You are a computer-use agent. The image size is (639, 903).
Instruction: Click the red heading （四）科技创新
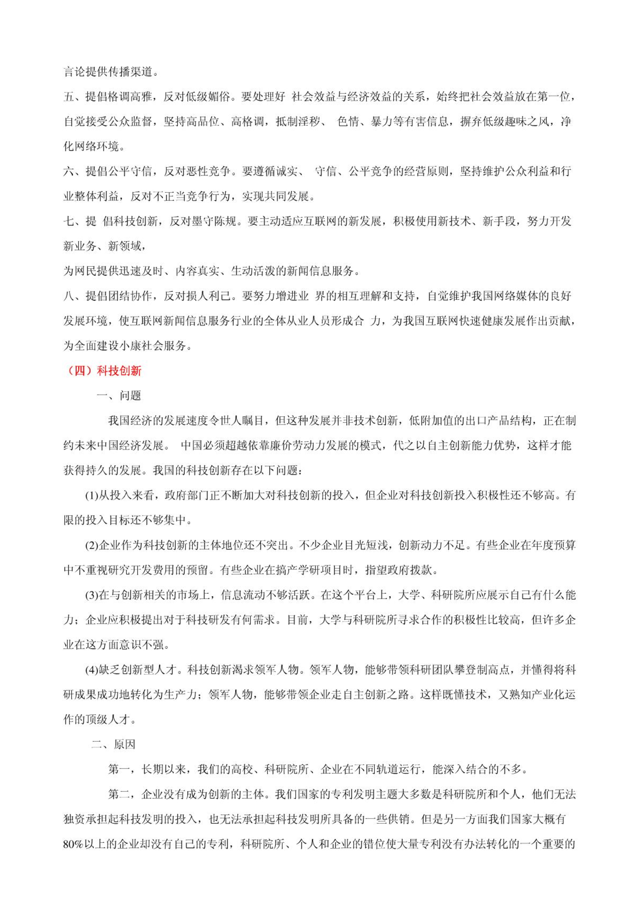click(x=103, y=371)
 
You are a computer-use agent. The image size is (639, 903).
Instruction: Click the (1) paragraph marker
click(x=92, y=495)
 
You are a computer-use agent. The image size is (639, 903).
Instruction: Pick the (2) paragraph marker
click(x=92, y=545)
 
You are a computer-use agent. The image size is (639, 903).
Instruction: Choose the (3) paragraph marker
click(x=92, y=595)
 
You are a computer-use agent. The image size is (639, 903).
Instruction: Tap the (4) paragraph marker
click(x=92, y=670)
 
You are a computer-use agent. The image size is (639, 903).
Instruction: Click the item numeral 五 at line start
click(x=69, y=97)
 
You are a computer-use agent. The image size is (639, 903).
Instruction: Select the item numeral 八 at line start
click(x=69, y=296)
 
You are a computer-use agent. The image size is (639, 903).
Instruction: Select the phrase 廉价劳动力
click(x=286, y=445)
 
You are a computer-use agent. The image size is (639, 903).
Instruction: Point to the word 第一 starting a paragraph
click(x=119, y=769)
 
